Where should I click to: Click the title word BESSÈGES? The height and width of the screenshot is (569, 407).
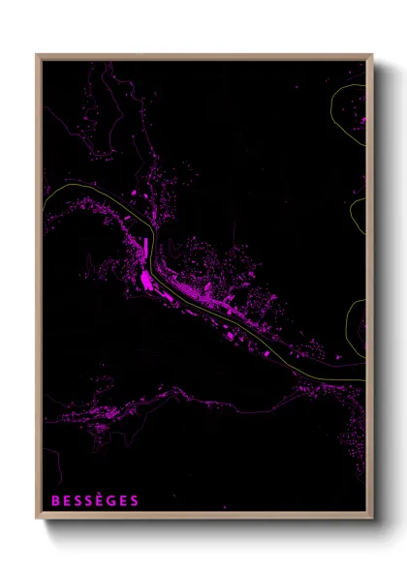(x=94, y=501)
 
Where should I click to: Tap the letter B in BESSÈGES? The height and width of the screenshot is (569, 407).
(x=54, y=501)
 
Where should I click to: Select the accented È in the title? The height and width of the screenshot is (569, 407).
(x=101, y=501)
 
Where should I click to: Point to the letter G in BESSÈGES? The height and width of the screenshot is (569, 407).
(x=112, y=501)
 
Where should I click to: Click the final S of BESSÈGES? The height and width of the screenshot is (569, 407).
(x=135, y=501)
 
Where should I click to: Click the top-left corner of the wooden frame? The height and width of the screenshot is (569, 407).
(x=38, y=55)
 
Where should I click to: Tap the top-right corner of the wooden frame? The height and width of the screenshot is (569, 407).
(x=371, y=55)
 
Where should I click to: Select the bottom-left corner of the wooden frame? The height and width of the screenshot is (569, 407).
(x=38, y=518)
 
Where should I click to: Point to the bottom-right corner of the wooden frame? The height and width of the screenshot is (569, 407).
(x=371, y=518)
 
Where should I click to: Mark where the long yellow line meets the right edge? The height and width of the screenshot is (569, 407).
(x=364, y=379)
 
